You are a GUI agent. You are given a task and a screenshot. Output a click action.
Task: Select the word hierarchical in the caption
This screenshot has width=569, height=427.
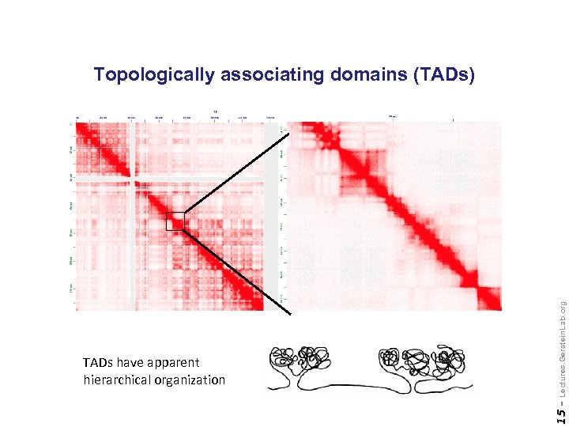tap(117, 380)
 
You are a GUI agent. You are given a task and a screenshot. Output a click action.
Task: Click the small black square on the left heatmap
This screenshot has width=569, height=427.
tap(175, 221)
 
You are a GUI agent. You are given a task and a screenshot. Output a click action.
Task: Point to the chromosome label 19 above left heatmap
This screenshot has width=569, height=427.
tap(216, 111)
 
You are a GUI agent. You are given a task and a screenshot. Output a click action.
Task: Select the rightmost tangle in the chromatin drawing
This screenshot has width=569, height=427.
tap(448, 361)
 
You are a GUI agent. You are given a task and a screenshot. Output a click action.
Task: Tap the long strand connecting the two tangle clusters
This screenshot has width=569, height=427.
tap(364, 387)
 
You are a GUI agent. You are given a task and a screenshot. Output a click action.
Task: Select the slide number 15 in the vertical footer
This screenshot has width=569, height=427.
tap(560, 415)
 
